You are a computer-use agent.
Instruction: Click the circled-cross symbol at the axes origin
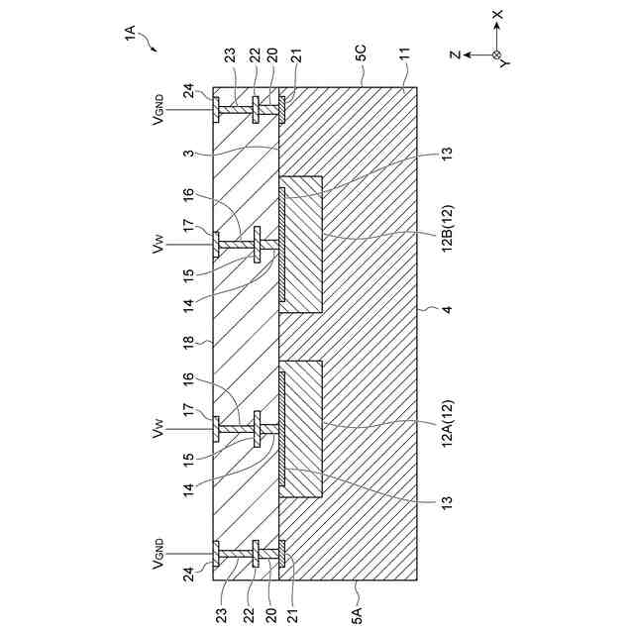click(x=496, y=54)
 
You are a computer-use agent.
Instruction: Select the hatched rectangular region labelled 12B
click(x=301, y=245)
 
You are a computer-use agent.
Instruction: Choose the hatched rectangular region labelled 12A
click(x=301, y=428)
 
